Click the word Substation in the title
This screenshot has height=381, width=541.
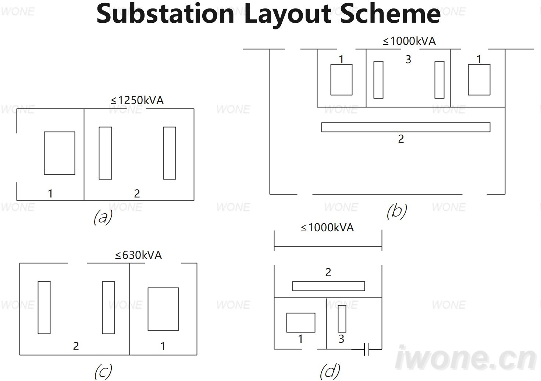[165, 13]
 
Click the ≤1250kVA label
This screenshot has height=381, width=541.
[137, 100]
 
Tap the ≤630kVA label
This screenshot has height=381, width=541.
[138, 255]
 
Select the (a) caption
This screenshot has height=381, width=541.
[103, 217]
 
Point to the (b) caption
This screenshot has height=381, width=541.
[397, 211]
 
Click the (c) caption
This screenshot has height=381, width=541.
[103, 371]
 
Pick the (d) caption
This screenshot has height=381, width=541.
[330, 371]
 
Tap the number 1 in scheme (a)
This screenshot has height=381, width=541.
[50, 193]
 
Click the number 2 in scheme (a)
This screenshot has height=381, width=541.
[137, 193]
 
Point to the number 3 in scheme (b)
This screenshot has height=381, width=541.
[408, 60]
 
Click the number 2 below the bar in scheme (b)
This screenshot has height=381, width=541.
[401, 139]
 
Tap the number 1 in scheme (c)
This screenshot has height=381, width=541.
[163, 346]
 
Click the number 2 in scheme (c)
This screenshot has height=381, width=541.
[76, 346]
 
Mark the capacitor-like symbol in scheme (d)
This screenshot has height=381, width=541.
[367, 349]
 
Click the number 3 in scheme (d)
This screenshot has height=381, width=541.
[341, 339]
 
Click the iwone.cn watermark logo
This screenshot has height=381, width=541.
[466, 358]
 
